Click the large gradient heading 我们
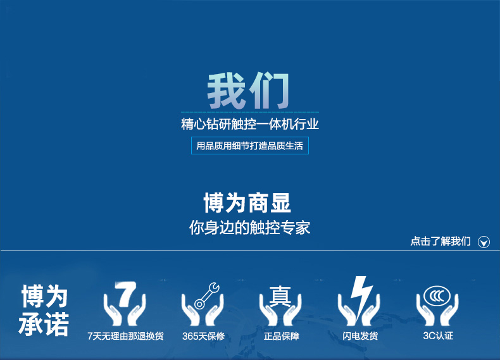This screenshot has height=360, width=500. pyautogui.click(x=248, y=90)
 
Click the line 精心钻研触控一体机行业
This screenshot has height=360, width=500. pyautogui.click(x=250, y=124)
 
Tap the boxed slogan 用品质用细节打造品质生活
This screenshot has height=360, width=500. pyautogui.click(x=249, y=146)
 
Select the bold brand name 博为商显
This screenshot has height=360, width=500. pyautogui.click(x=247, y=202)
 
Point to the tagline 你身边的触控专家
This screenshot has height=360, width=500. pyautogui.click(x=249, y=227)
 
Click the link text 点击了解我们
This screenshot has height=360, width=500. pyautogui.click(x=441, y=241)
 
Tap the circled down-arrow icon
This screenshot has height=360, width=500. pyautogui.click(x=484, y=242)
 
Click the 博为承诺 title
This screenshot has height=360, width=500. pyautogui.click(x=44, y=310)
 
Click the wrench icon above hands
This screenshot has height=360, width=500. pyautogui.click(x=206, y=295)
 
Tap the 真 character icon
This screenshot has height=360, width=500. pyautogui.click(x=280, y=296)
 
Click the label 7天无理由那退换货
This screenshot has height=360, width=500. pyautogui.click(x=126, y=336)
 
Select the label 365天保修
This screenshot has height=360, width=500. pyautogui.click(x=203, y=336)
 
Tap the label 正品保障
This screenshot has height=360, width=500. pyautogui.click(x=282, y=336)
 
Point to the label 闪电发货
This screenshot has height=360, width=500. pyautogui.click(x=360, y=336)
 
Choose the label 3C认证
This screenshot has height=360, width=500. pyautogui.click(x=438, y=335)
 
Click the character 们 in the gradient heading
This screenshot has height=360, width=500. pyautogui.click(x=270, y=90)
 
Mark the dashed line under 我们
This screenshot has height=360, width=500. pyautogui.click(x=250, y=112)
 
